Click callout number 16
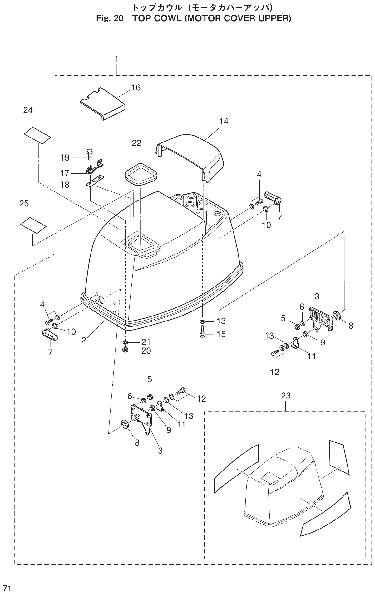point(136,88)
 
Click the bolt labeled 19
point(90,155)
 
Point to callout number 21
point(146,342)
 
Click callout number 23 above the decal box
point(286,396)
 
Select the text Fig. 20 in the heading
point(110,19)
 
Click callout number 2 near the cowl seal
point(83,340)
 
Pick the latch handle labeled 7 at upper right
point(273,197)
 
